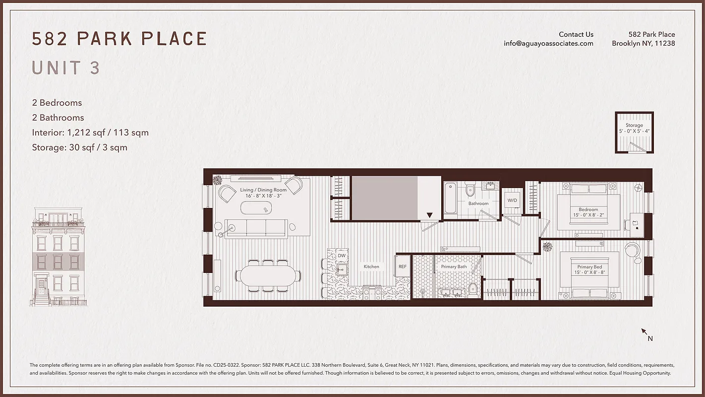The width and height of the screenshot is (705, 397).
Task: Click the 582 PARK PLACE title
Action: tap(119, 39)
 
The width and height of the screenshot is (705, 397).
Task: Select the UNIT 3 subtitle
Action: tap(66, 68)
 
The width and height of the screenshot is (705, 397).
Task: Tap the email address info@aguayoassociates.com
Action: tap(548, 43)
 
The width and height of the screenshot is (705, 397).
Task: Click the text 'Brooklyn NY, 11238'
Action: tap(643, 43)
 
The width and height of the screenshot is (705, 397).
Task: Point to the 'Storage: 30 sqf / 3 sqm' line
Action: tap(79, 147)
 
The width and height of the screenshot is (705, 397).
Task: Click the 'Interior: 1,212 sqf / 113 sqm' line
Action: tap(90, 132)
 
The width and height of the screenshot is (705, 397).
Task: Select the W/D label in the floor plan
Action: tap(512, 200)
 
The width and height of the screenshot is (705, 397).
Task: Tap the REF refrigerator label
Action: tap(403, 266)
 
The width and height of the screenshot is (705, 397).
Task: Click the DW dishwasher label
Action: tap(342, 256)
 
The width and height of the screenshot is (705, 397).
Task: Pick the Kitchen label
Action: tap(371, 266)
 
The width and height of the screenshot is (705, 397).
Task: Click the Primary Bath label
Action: tap(454, 266)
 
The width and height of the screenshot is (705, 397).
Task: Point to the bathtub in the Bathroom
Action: tap(451, 198)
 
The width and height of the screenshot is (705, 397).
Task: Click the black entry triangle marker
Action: tap(429, 215)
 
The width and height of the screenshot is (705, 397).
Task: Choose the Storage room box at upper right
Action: tap(634, 132)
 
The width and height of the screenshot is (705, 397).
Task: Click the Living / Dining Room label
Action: tap(263, 190)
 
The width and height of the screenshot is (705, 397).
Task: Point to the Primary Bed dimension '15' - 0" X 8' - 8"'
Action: tap(589, 272)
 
